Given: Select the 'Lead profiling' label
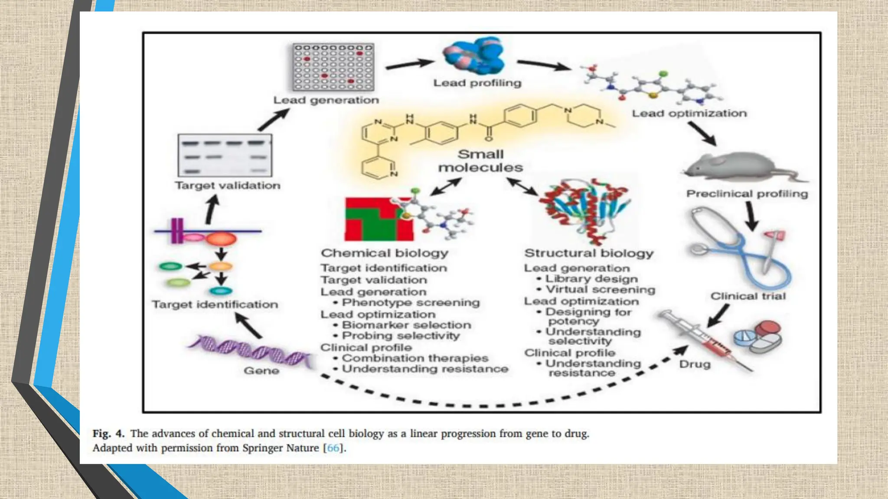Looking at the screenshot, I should pyautogui.click(x=477, y=83).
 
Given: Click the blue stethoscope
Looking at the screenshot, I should pyautogui.click(x=737, y=251).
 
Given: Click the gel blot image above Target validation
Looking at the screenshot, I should pyautogui.click(x=225, y=155).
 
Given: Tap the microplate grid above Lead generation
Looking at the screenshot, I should pyautogui.click(x=333, y=67).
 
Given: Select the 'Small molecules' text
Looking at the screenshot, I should pyautogui.click(x=480, y=161).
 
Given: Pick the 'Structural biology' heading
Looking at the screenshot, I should pyautogui.click(x=588, y=253).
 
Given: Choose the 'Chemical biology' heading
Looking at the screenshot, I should pyautogui.click(x=384, y=253).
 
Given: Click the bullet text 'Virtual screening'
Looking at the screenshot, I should pyautogui.click(x=600, y=289).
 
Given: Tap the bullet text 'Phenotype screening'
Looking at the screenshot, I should pyautogui.click(x=411, y=302).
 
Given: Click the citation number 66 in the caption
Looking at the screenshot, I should pyautogui.click(x=333, y=448).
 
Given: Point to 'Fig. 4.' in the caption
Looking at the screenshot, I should pyautogui.click(x=108, y=434).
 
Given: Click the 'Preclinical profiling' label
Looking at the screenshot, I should pyautogui.click(x=747, y=194).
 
